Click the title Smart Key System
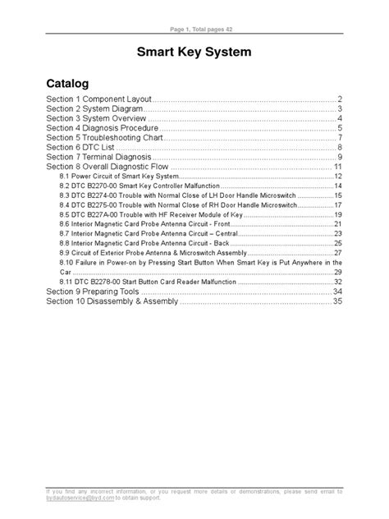tap(194, 54)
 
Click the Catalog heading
tap(67, 84)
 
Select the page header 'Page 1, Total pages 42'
tap(194, 30)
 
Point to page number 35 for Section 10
tap(336, 301)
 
